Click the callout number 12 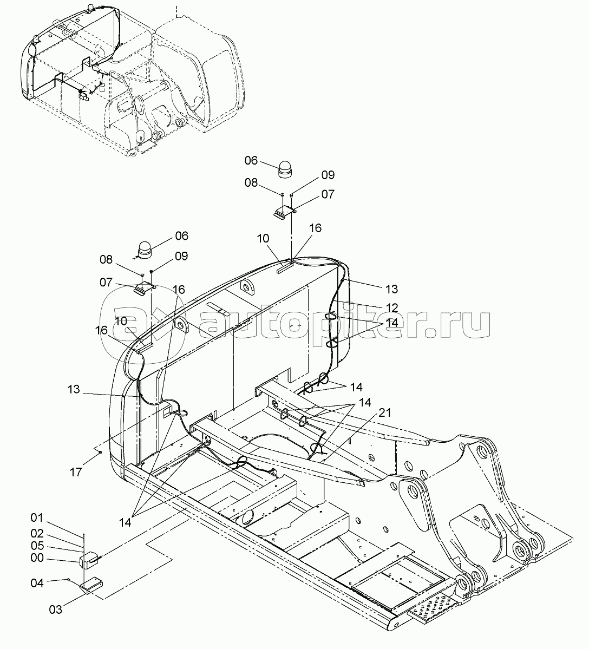391,307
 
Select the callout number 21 384,412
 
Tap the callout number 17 76,472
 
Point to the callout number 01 37,518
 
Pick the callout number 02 37,534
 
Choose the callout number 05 37,546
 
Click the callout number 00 37,559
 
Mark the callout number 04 37,583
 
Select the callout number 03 55,609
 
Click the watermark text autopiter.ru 344,323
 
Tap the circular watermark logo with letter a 143,323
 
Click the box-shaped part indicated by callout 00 88,561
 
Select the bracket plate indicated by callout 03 92,587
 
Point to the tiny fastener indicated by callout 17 100,453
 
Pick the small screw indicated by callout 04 69,580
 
